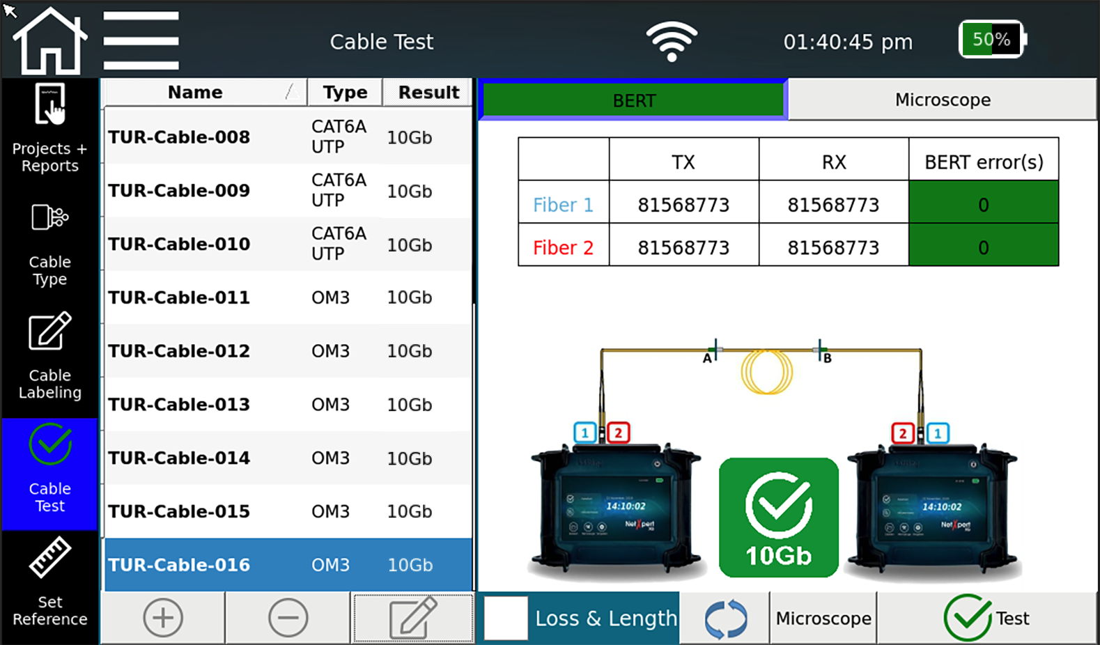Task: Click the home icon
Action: click(50, 42)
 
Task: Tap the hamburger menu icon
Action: click(141, 40)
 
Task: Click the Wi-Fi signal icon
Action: click(671, 41)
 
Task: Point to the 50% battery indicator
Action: click(991, 40)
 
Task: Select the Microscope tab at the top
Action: click(942, 100)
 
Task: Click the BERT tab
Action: click(633, 100)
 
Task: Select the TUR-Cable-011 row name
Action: click(179, 297)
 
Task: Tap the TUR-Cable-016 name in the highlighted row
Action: click(179, 565)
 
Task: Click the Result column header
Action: click(428, 93)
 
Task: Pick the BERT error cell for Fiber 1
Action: click(983, 205)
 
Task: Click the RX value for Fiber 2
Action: click(833, 247)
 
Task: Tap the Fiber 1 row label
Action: click(563, 205)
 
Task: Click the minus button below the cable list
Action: click(288, 618)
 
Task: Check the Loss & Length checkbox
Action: click(506, 618)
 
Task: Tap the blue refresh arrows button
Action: click(725, 619)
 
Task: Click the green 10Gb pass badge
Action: click(778, 518)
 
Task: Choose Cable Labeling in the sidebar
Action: click(50, 356)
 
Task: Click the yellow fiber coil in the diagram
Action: click(766, 372)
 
